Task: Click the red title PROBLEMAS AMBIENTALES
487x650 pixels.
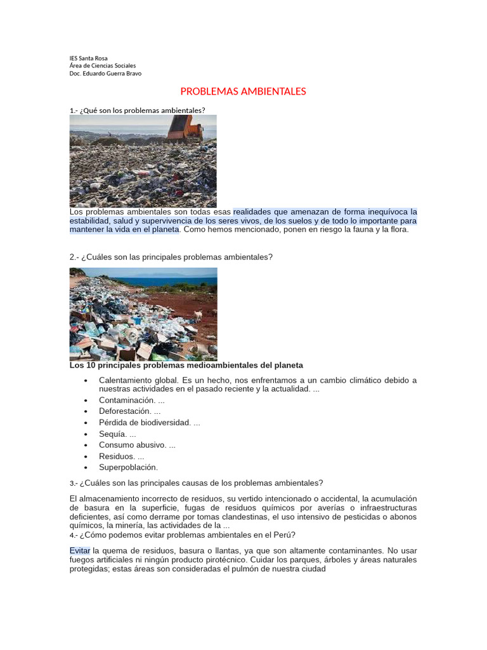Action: (x=243, y=91)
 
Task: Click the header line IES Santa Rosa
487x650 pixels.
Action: (x=89, y=58)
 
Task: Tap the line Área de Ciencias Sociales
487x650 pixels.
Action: (x=103, y=65)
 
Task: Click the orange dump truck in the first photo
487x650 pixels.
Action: (x=185, y=129)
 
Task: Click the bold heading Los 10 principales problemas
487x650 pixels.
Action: (x=186, y=366)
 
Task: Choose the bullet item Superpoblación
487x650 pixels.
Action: (x=128, y=468)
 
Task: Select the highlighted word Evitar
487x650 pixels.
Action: (x=80, y=551)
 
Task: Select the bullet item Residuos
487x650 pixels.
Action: (x=117, y=456)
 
